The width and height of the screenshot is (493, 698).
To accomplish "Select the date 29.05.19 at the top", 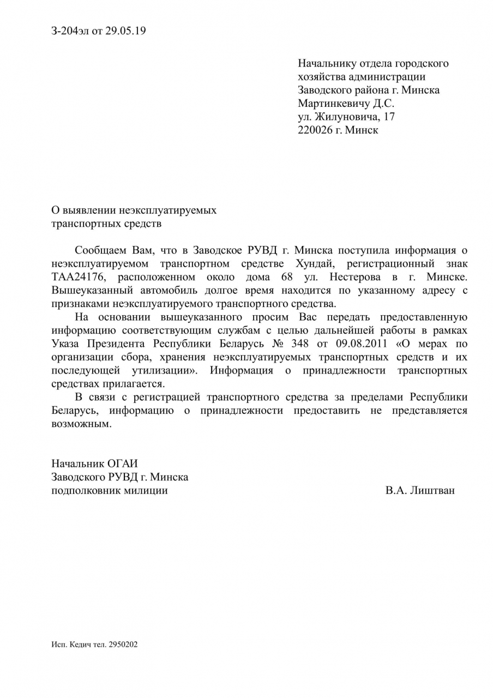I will [x=125, y=31].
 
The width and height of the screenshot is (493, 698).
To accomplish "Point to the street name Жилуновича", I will [x=346, y=117].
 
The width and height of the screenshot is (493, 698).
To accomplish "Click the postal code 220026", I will [x=315, y=130].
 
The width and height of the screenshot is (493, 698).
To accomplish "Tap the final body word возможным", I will [x=80, y=424].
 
